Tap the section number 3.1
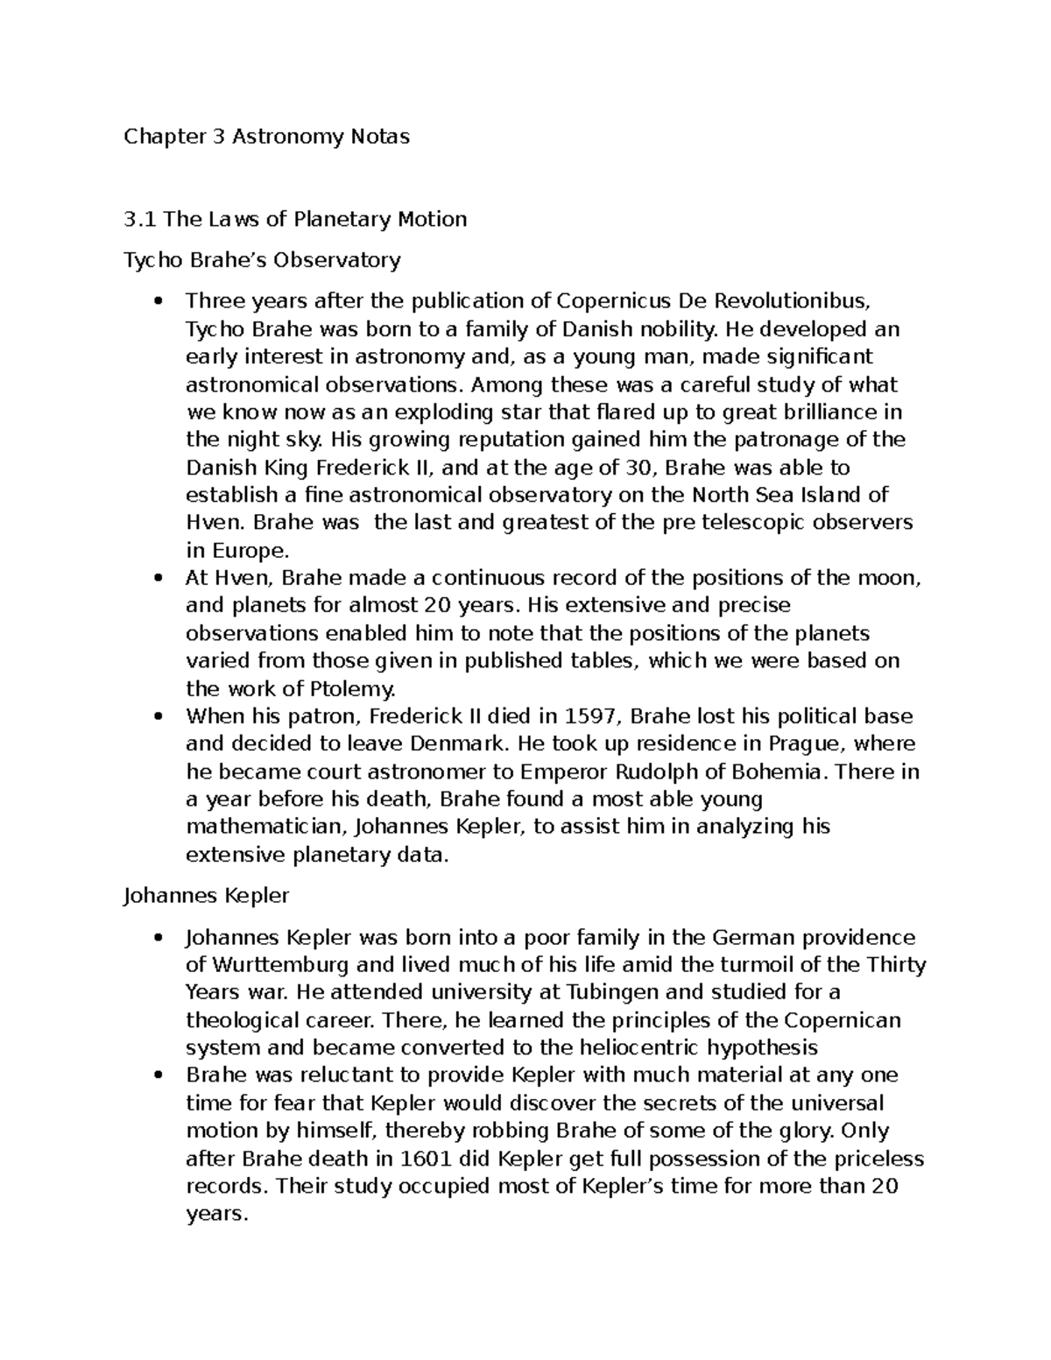point(141,219)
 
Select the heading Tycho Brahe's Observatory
point(262,260)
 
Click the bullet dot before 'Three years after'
point(158,302)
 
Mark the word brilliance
point(828,412)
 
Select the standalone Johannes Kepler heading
point(207,897)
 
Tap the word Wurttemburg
point(279,965)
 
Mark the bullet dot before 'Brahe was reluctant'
point(158,1076)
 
